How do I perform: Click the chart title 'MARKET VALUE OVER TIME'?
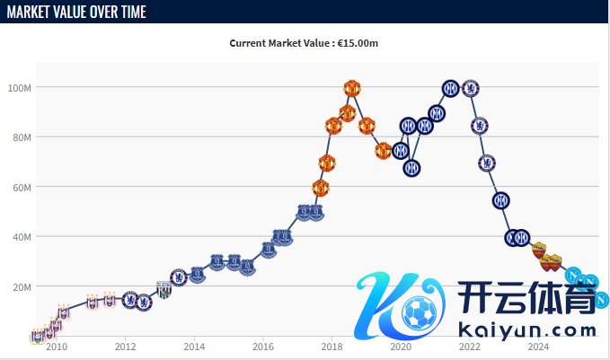point(76,12)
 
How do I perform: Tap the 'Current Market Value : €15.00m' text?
point(304,43)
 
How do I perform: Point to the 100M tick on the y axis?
point(20,88)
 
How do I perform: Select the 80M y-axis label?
point(22,137)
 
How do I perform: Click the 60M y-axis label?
point(22,188)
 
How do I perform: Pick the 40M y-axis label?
point(22,237)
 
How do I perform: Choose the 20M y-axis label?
point(22,287)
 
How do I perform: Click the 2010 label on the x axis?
point(56,347)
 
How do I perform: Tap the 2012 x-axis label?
point(125,347)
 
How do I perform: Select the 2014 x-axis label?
point(194,347)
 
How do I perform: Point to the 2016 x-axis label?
point(263,347)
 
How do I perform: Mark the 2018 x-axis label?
point(332,347)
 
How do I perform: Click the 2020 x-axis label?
point(401,347)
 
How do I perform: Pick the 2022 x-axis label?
point(470,347)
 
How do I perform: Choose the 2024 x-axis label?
point(538,347)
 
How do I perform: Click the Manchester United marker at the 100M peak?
point(352,88)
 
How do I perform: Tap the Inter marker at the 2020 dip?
point(411,168)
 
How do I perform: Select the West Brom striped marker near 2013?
point(164,289)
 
